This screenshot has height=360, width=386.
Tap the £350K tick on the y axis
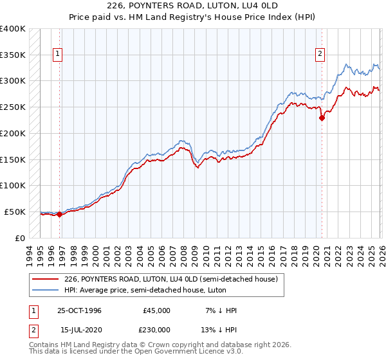13,55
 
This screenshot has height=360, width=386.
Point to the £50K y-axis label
15,212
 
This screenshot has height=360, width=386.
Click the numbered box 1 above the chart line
58,55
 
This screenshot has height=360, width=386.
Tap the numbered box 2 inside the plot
320,55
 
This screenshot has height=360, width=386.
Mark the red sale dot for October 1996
60,214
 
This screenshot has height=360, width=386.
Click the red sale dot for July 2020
322,117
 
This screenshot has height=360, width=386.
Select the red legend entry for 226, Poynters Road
170,279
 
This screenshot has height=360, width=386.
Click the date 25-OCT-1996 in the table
79,310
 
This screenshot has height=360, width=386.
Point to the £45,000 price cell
156,310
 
